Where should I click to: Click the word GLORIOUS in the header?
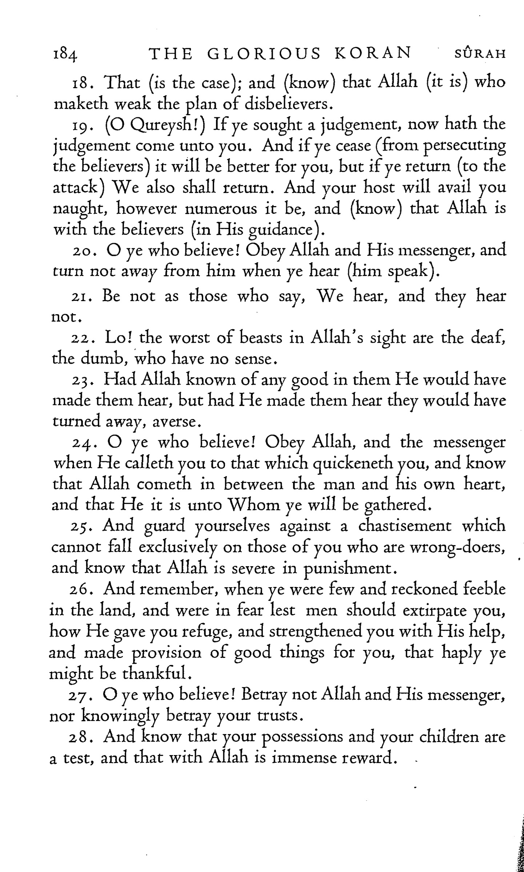[264, 54]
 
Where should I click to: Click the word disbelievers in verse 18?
[287, 105]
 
